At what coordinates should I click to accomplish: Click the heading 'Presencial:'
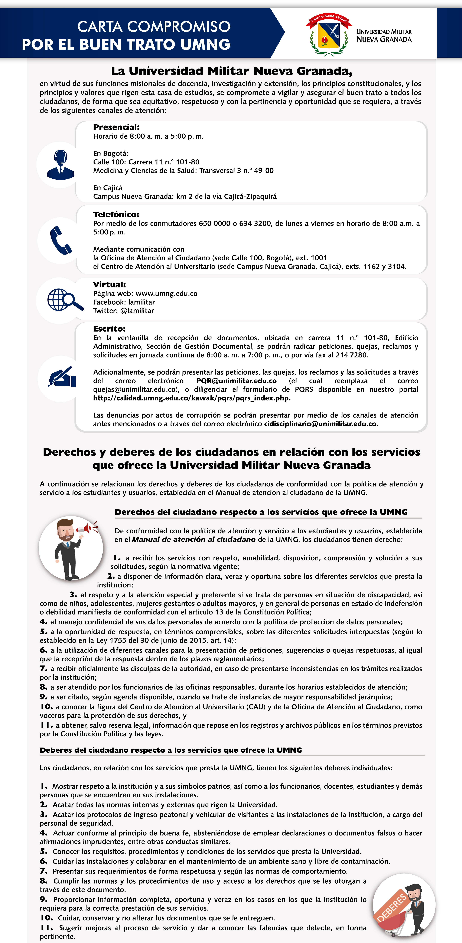coord(116,127)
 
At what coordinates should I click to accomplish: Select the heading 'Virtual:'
coord(109,284)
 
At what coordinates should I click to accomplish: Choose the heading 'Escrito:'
coord(109,329)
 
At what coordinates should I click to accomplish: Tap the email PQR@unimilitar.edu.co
coord(236,381)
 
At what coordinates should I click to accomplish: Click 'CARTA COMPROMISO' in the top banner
coord(154,26)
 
